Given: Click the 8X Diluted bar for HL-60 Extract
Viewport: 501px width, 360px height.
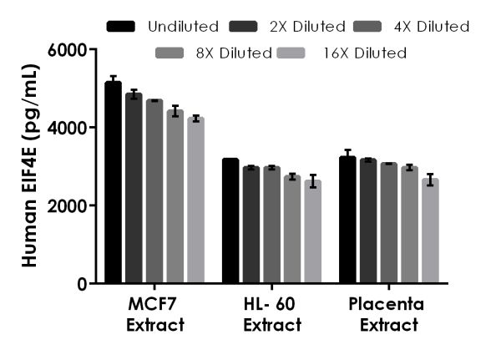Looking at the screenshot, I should [x=291, y=230].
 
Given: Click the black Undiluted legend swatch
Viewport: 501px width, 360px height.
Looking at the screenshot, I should [x=122, y=27].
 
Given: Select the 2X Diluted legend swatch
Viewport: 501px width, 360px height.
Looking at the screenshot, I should [x=248, y=27].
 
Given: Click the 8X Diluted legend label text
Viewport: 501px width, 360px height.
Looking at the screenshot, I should [x=234, y=53].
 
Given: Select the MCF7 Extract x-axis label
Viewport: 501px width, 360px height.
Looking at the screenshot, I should [x=154, y=312].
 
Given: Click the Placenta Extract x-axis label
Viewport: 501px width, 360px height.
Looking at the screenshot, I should [x=388, y=312].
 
